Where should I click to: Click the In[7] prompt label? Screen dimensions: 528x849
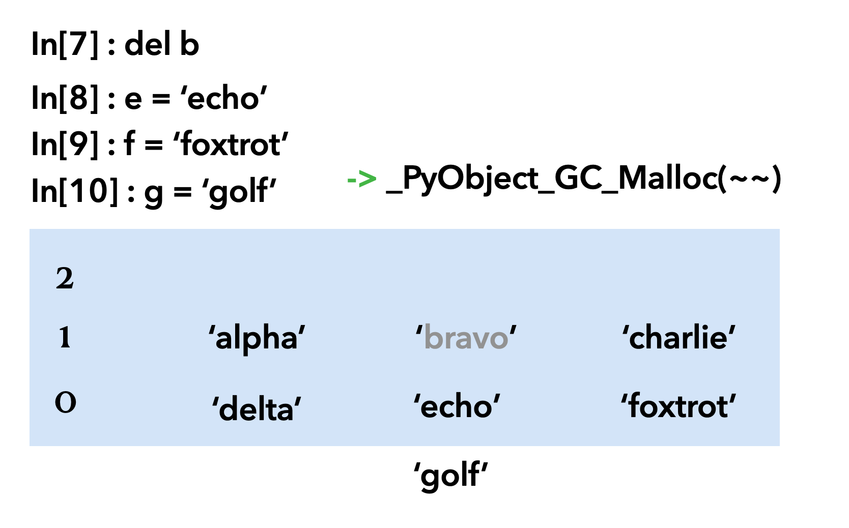pyautogui.click(x=66, y=45)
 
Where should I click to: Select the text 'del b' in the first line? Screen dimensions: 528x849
pyautogui.click(x=161, y=45)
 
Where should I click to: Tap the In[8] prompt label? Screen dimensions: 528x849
pyautogui.click(x=66, y=98)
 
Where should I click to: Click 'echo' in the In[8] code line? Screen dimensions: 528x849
pyautogui.click(x=224, y=98)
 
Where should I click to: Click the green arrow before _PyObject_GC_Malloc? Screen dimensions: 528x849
pyautogui.click(x=361, y=179)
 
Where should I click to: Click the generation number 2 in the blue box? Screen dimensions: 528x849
pyautogui.click(x=65, y=279)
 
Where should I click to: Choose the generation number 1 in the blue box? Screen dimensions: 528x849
pyautogui.click(x=65, y=338)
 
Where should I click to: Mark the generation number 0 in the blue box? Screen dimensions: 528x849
pyautogui.click(x=65, y=402)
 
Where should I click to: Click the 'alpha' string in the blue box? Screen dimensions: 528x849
pyautogui.click(x=257, y=338)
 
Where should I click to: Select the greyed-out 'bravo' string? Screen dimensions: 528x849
pyautogui.click(x=466, y=338)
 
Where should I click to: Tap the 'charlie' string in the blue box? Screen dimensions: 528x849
pyautogui.click(x=678, y=337)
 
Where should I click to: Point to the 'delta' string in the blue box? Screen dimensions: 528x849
pyautogui.click(x=257, y=408)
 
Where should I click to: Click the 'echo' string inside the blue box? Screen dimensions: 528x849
pyautogui.click(x=457, y=406)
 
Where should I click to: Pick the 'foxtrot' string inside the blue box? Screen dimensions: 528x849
pyautogui.click(x=678, y=406)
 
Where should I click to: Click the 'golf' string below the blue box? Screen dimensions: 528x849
pyautogui.click(x=450, y=475)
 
